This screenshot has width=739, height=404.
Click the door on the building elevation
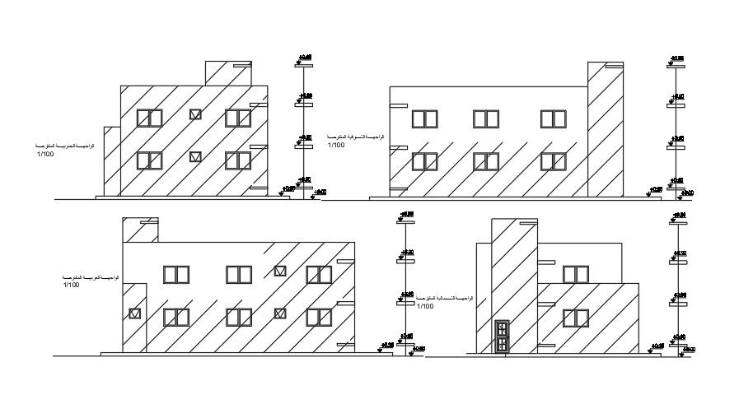[501, 337]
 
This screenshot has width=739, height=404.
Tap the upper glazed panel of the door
[501, 330]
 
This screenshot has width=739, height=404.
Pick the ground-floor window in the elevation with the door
[575, 318]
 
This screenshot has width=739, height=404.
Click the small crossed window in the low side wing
[135, 313]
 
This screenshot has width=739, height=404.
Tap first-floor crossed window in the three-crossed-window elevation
[280, 271]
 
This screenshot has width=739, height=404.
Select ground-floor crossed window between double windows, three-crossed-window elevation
[280, 313]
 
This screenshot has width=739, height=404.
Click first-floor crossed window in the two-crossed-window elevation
[195, 115]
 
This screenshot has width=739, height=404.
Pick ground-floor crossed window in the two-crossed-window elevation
[195, 156]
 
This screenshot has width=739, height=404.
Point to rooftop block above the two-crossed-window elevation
[228, 73]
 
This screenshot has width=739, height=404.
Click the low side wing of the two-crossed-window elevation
[112, 160]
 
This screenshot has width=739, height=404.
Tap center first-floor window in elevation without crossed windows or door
[485, 118]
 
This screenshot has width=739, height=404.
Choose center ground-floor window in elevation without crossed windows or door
[485, 161]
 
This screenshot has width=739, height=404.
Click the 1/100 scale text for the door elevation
[425, 306]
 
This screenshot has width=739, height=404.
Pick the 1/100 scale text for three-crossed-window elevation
[72, 286]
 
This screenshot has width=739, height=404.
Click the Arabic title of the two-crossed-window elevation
[63, 146]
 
